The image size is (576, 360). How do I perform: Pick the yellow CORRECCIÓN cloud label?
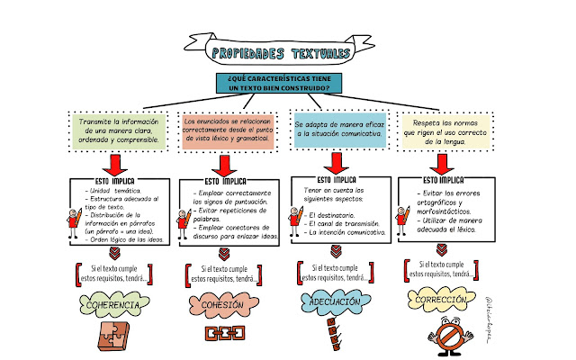click(440, 300)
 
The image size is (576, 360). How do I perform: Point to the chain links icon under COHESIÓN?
click(219, 334)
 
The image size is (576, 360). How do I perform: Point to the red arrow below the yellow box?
click(441, 165)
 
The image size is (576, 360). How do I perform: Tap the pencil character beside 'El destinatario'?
click(298, 219)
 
